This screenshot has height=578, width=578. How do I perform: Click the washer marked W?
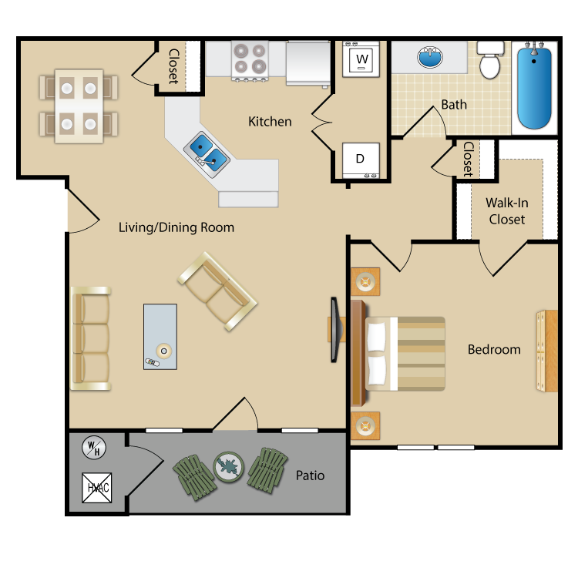point(361,59)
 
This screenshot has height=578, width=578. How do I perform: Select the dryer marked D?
point(361,160)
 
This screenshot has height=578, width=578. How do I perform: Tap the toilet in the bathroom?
point(490,59)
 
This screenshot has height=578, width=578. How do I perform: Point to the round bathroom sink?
point(430,57)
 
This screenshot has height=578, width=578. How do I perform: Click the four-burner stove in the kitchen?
point(250,60)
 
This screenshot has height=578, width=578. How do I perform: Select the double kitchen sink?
point(207,154)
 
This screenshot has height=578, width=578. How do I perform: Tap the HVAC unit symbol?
point(96,488)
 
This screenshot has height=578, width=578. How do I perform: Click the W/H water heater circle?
point(94,448)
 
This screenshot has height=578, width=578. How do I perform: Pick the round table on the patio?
point(229,467)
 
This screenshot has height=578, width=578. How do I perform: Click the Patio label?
point(310,476)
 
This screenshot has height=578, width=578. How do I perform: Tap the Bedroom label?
point(494,349)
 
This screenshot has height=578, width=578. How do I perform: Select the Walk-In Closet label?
point(507,211)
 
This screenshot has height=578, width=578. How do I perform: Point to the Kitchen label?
point(270,121)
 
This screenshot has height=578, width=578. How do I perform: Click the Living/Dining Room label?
point(176,227)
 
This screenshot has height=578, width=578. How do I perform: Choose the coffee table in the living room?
point(160,337)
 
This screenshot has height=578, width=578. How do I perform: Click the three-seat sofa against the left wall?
point(91,338)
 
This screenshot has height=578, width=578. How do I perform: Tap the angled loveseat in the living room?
point(217,291)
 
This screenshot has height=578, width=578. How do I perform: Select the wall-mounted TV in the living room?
point(334,330)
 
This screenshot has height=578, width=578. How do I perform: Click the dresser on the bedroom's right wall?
point(546,351)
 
